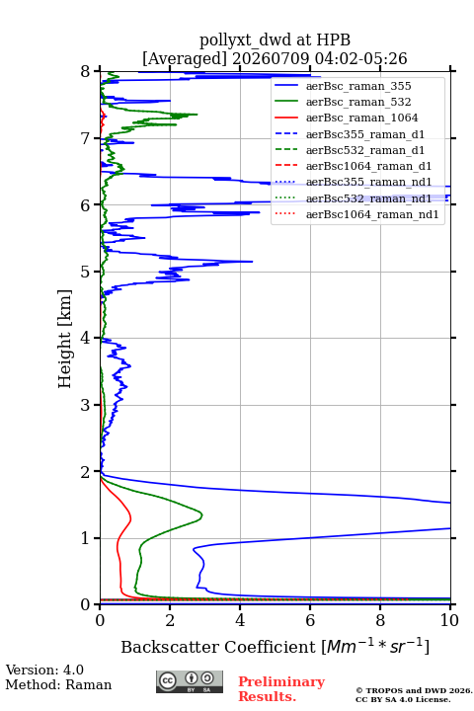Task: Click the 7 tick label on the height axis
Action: click(86, 138)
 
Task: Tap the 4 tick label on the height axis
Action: click(86, 339)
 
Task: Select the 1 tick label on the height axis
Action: click(86, 538)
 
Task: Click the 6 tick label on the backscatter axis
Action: click(310, 620)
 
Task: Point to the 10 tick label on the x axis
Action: click(449, 620)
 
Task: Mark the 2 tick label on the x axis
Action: click(170, 620)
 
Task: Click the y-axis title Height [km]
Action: click(65, 339)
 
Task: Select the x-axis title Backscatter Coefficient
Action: click(218, 647)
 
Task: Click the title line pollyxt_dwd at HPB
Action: click(275, 40)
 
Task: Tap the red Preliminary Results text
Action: click(281, 689)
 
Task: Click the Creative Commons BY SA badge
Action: click(190, 682)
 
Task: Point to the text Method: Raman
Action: click(58, 684)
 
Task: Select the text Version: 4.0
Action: click(44, 671)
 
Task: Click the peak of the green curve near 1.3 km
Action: click(201, 515)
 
